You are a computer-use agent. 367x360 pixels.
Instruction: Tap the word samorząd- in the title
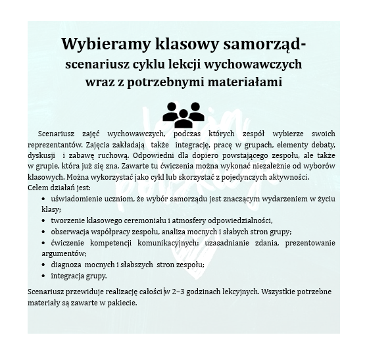point(260,44)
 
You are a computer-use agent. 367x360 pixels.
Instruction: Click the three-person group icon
point(183,115)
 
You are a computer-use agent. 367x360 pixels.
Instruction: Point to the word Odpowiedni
point(168,155)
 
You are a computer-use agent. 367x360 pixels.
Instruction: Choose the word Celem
point(39,188)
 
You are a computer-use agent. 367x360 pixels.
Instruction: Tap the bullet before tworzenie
point(43,220)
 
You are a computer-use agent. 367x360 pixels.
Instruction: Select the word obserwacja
point(71,232)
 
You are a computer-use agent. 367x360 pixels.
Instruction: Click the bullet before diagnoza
point(43,264)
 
